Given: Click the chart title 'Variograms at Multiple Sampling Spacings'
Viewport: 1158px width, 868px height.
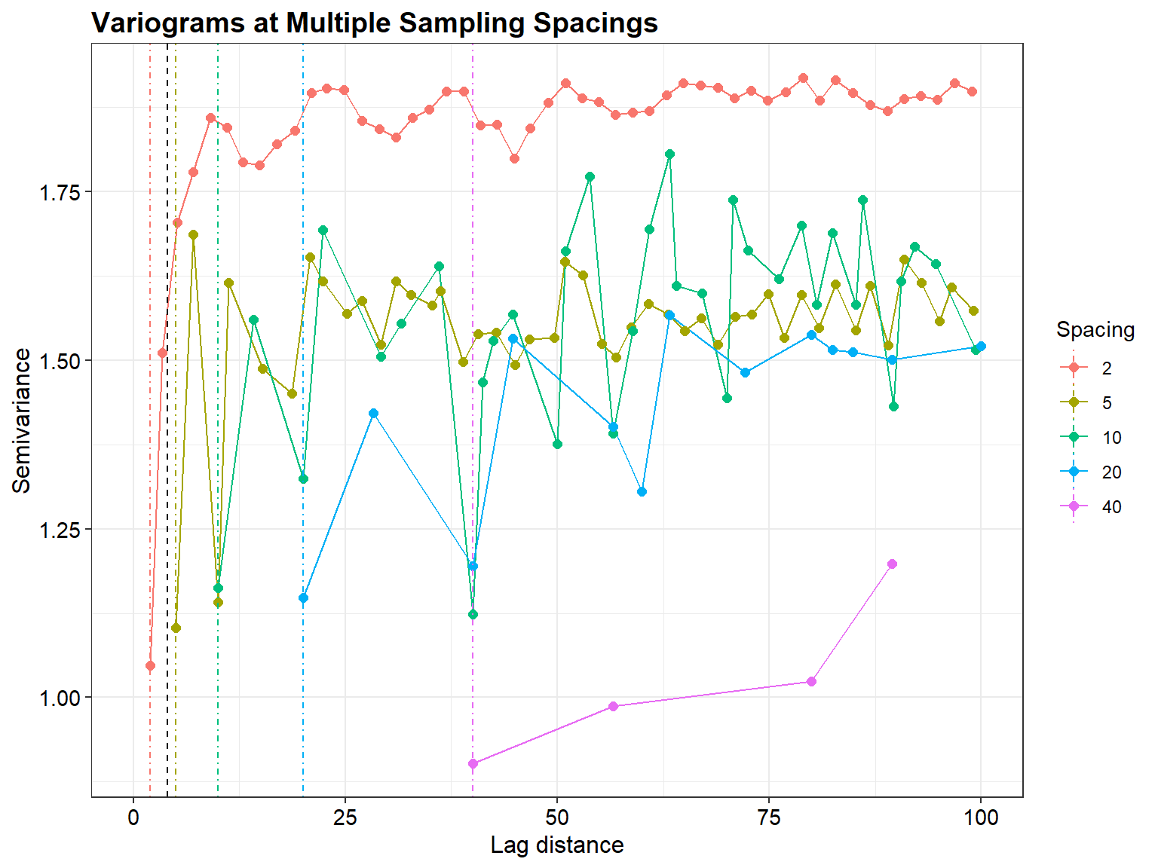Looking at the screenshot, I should coord(375,23).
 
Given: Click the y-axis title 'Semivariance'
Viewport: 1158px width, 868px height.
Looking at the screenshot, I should coord(22,420).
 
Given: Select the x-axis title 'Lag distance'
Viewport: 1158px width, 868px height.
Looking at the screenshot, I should coord(556,845).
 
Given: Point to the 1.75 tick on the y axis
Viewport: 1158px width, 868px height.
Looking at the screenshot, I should coord(60,191).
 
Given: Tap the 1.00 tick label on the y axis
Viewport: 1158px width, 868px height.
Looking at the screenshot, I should coord(60,698).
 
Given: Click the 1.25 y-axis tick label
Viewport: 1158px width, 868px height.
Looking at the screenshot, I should coord(60,529).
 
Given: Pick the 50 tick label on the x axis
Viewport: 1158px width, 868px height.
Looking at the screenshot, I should coord(556,818).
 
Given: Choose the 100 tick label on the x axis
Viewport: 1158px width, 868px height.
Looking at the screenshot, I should coord(980,818).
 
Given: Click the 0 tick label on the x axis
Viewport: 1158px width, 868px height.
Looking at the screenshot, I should coord(133,818).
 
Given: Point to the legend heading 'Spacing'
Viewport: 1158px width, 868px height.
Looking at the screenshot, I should coord(1095,330).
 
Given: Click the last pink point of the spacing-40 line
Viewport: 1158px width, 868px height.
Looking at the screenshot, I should coord(892,564).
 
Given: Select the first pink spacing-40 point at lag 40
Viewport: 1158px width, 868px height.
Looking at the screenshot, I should coord(473,763).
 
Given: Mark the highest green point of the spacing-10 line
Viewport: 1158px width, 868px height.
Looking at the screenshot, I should coord(669,154).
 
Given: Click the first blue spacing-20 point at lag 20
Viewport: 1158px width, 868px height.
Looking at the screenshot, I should coord(303,598).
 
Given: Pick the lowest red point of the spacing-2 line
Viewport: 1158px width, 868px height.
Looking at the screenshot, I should coord(150,666).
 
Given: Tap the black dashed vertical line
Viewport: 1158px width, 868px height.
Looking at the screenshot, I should coord(167,452).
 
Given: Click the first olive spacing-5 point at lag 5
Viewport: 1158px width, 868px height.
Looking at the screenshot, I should coord(176,628).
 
